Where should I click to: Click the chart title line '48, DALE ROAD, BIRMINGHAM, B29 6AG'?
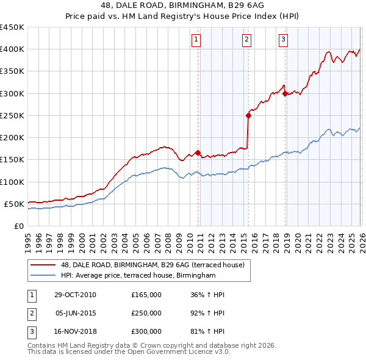pyautogui.click(x=182, y=6)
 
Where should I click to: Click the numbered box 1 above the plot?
pyautogui.click(x=196, y=40)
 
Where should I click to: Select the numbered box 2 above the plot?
pyautogui.click(x=246, y=40)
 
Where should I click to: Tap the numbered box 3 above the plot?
pyautogui.click(x=284, y=40)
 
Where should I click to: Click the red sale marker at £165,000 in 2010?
pyautogui.click(x=198, y=153)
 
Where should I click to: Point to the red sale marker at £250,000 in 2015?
pyautogui.click(x=248, y=115)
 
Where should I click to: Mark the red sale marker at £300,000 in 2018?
pyautogui.click(x=285, y=93)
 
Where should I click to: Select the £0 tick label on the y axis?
pyautogui.click(x=18, y=226)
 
